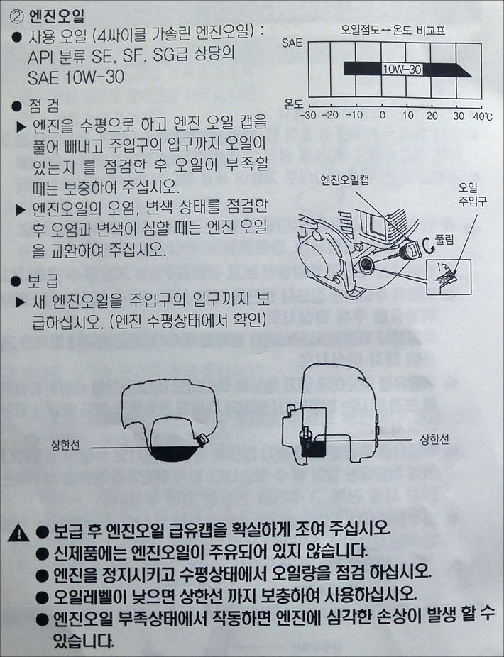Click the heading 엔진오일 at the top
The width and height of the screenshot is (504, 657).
57,16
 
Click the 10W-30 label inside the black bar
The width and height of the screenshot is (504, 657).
402,69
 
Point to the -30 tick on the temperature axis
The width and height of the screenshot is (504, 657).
309,115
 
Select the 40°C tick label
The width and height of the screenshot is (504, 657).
483,116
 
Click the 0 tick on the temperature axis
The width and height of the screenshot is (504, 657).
382,115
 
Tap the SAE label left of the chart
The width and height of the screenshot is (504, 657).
292,43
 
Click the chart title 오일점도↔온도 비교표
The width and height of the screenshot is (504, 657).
393,31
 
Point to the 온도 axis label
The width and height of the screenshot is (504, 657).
293,103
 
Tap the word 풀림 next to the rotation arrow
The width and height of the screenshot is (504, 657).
444,240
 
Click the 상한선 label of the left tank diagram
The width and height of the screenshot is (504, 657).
65,445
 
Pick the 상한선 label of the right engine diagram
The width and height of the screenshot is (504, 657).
434,438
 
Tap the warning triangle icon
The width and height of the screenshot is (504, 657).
18,533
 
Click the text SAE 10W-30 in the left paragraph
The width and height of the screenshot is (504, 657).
76,77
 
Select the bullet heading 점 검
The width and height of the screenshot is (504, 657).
44,106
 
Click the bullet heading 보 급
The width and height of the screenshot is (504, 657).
43,280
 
